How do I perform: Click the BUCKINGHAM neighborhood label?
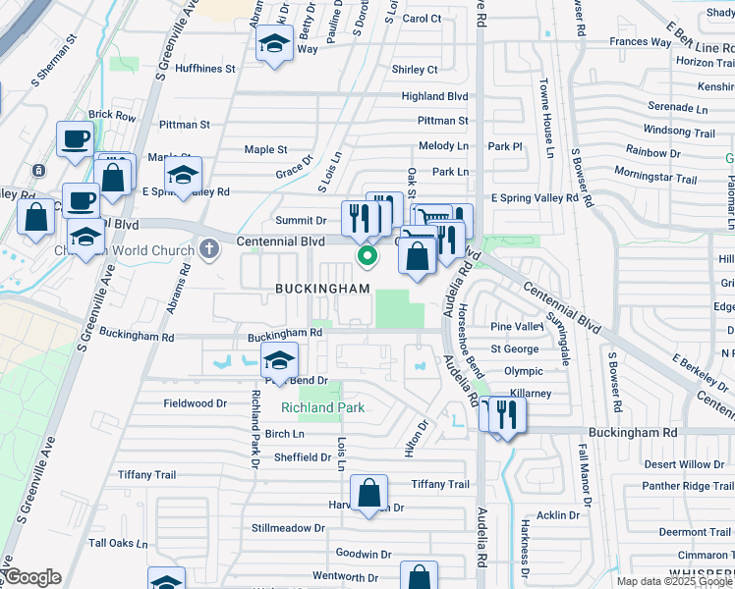[322, 289]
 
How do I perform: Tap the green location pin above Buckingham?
[367, 257]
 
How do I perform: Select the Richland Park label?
[322, 407]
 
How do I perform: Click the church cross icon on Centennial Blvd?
[208, 249]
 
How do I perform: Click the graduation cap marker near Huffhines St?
[274, 45]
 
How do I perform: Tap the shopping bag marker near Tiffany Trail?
[369, 494]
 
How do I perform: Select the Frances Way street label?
[640, 42]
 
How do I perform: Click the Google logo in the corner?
[31, 577]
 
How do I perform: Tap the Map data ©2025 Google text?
[674, 581]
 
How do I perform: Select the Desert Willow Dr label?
[684, 464]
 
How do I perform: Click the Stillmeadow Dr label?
[288, 528]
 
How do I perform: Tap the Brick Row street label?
[112, 116]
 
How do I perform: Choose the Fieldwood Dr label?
[195, 403]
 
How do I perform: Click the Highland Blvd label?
[434, 96]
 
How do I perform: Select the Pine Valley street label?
[516, 326]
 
